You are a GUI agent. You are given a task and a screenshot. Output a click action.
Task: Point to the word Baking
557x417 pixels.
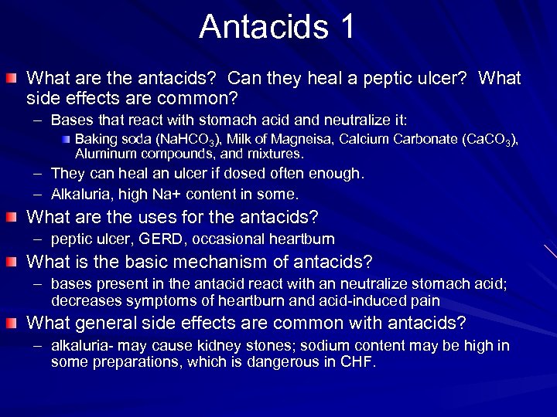(x=94, y=140)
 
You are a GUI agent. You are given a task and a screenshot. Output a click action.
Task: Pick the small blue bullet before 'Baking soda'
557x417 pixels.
(x=67, y=140)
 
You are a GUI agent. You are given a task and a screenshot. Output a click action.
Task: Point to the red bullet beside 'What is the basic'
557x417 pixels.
(x=15, y=263)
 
